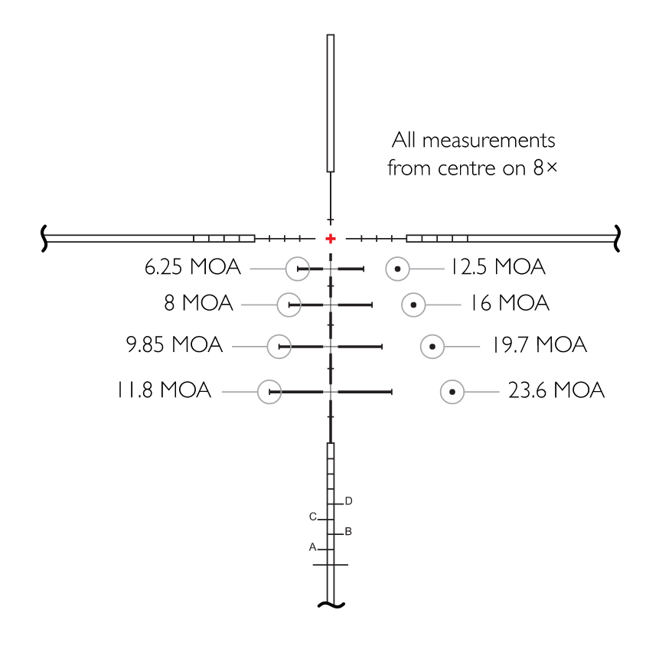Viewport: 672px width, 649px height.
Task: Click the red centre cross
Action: [x=331, y=239]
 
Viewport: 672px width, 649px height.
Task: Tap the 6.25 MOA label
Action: [x=193, y=267]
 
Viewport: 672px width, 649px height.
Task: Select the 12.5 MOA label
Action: [x=498, y=267]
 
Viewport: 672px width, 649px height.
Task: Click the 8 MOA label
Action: [x=198, y=303]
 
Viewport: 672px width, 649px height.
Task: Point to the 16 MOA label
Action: [x=510, y=303]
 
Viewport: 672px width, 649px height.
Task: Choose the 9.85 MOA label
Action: [x=175, y=344]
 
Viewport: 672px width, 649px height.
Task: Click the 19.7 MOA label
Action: [x=540, y=344]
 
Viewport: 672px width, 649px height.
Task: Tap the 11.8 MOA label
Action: [x=164, y=390]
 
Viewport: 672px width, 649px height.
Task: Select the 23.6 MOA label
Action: [x=556, y=390]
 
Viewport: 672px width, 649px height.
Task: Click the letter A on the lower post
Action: [x=312, y=547]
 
